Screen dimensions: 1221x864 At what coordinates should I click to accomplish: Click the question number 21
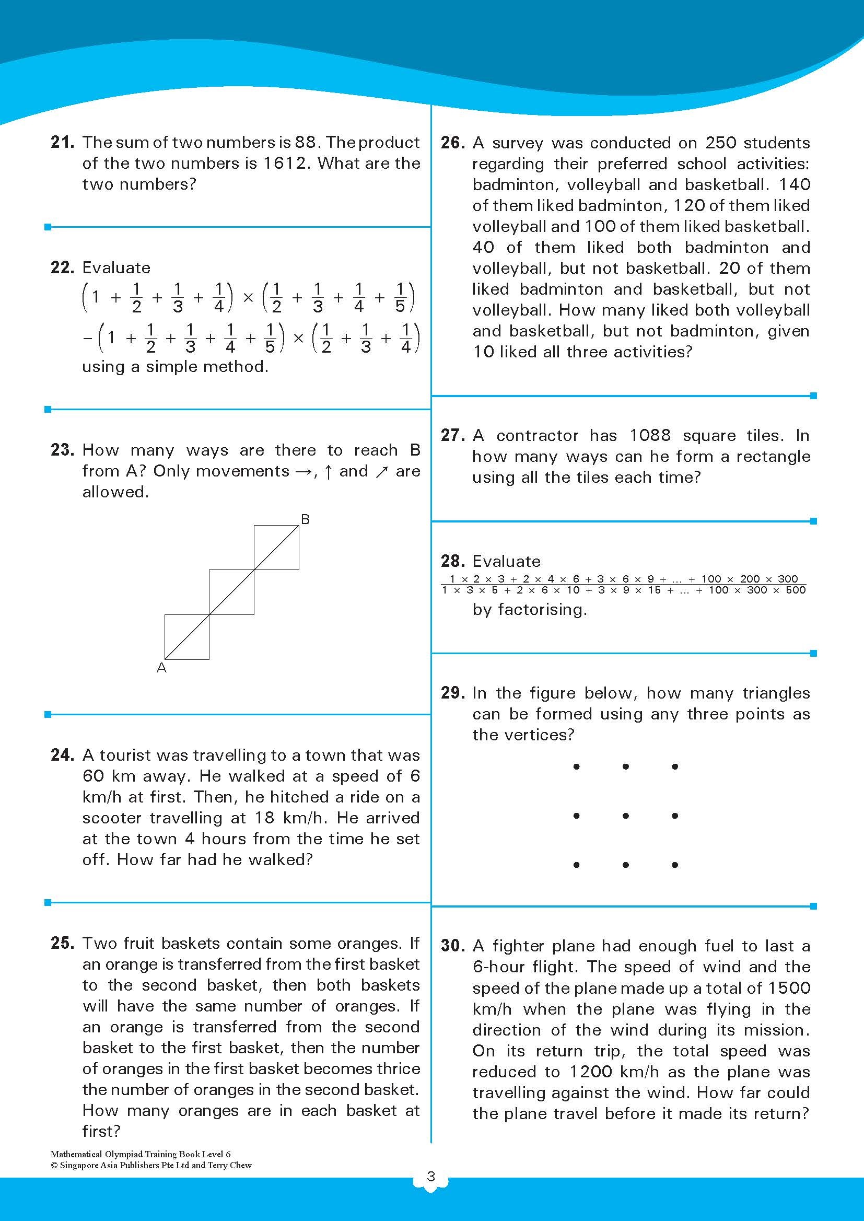[x=62, y=142]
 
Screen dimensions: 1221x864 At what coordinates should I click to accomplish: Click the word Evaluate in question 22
[x=116, y=268]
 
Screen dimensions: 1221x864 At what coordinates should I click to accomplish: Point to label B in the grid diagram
[x=306, y=519]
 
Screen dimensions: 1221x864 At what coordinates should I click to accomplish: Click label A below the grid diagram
[x=162, y=668]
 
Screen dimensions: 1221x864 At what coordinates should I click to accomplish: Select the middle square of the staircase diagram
[x=231, y=592]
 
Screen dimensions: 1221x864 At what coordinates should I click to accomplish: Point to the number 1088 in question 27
[x=650, y=436]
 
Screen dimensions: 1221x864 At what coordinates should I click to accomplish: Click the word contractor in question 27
[x=537, y=436]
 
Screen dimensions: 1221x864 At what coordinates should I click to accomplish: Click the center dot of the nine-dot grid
[x=626, y=816]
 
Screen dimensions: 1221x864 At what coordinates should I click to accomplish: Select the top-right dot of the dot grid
[x=674, y=766]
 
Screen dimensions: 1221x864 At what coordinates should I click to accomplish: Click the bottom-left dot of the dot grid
[x=576, y=865]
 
